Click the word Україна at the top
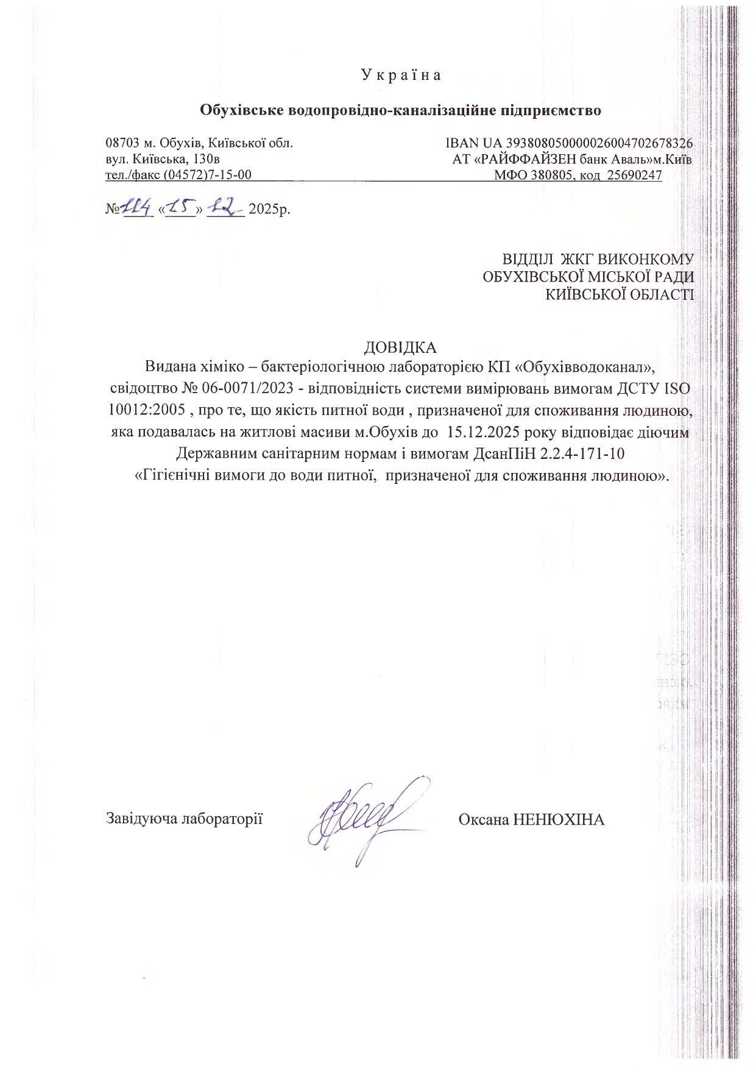[401, 75]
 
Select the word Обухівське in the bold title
[241, 111]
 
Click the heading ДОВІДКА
[400, 347]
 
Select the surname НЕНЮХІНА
[559, 819]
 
